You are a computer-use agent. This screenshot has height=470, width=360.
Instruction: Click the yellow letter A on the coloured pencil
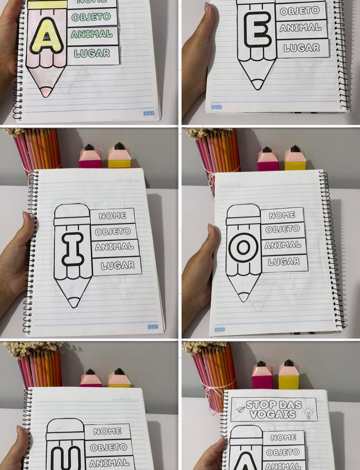click(47, 36)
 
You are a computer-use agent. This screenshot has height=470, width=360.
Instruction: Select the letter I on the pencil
click(73, 249)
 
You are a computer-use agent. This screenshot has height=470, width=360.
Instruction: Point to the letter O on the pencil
click(243, 248)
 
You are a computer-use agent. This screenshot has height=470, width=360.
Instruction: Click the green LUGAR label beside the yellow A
click(92, 54)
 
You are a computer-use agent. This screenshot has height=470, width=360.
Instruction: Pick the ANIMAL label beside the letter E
click(300, 28)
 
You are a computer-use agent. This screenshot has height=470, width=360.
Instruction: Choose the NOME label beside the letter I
click(112, 215)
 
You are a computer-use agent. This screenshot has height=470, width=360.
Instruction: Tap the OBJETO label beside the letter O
click(283, 229)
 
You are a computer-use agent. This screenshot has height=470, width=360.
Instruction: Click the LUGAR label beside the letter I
click(117, 265)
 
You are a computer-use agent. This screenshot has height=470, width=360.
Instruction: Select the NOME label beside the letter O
click(282, 215)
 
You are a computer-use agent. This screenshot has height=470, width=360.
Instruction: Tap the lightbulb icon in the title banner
click(309, 413)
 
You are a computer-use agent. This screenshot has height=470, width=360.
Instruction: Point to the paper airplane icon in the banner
click(240, 410)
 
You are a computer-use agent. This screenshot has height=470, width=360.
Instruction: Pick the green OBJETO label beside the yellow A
click(91, 17)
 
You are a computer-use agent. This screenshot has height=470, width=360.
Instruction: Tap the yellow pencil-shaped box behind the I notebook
click(119, 155)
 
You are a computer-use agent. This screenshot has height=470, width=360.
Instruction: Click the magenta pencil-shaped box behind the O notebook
click(267, 159)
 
